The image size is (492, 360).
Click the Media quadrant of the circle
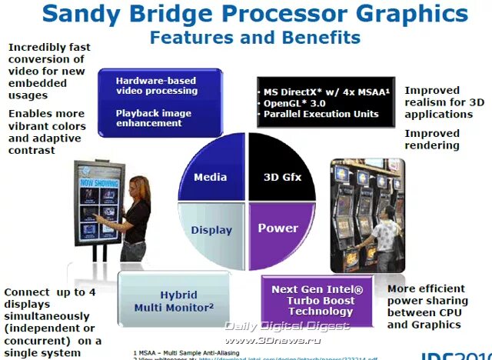[210, 176]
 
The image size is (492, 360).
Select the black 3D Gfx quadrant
[282, 175]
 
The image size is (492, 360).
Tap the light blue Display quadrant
[210, 228]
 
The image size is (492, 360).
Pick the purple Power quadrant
[278, 228]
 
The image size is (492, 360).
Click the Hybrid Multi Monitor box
[175, 301]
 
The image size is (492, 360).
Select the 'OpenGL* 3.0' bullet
[295, 103]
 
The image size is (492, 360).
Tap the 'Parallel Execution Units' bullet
[321, 114]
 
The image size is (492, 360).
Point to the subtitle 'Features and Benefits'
[255, 36]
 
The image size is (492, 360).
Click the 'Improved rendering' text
[432, 139]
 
